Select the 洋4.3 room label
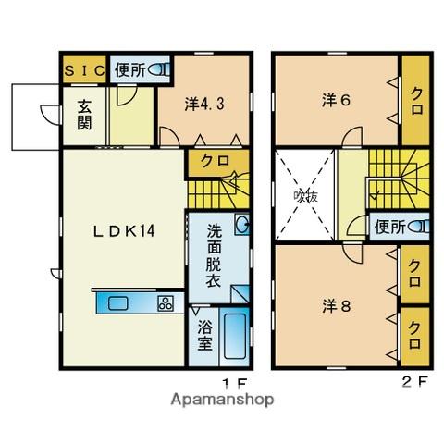click(205, 105)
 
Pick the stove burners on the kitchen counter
click(166, 302)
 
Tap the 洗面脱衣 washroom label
click(212, 251)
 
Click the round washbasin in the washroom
click(242, 224)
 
